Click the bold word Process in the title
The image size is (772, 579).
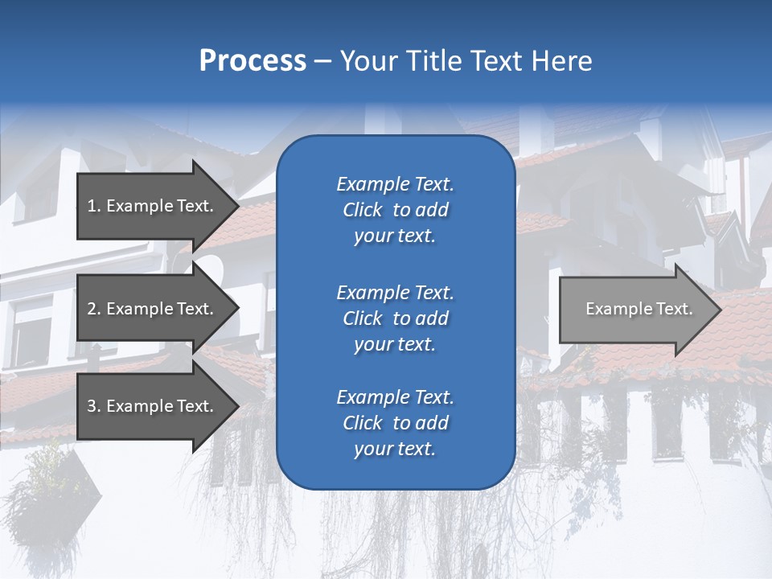tap(253, 61)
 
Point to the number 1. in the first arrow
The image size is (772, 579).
tap(93, 206)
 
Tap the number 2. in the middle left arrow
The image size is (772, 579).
tap(93, 309)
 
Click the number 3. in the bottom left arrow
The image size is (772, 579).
tap(93, 406)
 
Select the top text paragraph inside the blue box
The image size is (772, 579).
tap(395, 210)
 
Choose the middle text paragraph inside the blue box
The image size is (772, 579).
tap(395, 318)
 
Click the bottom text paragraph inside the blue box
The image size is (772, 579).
tap(395, 423)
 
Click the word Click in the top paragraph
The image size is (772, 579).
tap(362, 210)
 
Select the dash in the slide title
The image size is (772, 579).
tap(322, 61)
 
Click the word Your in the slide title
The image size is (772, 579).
tap(368, 61)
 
